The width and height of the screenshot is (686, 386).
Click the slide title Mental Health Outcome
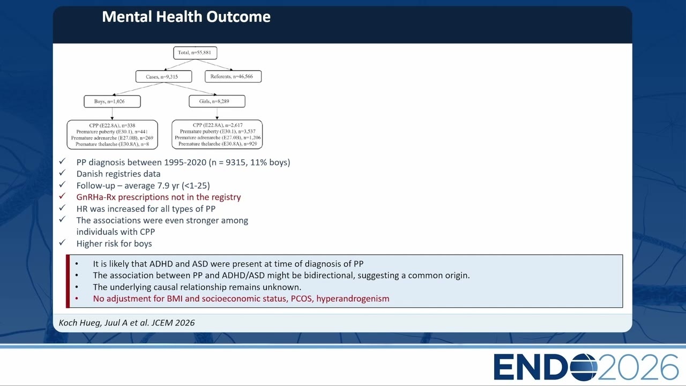(x=186, y=17)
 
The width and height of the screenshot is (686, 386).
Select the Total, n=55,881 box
(x=195, y=53)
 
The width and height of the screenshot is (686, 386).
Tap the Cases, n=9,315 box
(x=163, y=77)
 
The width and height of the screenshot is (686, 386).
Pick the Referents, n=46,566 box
(x=233, y=76)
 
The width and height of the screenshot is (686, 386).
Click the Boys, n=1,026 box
(x=112, y=101)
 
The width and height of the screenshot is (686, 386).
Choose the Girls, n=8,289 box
(x=217, y=101)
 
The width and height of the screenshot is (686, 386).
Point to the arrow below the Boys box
(x=112, y=114)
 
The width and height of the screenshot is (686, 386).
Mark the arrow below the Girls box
(x=217, y=113)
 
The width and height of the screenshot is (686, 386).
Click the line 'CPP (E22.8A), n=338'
(x=112, y=125)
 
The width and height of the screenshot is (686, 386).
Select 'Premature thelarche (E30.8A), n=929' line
(x=218, y=144)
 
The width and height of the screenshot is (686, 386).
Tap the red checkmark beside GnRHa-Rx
(x=62, y=196)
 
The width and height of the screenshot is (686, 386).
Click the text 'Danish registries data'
(x=118, y=174)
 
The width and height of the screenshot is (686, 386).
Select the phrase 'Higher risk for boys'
(x=114, y=243)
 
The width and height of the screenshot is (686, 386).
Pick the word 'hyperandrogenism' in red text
(x=353, y=299)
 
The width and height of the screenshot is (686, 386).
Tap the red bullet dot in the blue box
(x=77, y=299)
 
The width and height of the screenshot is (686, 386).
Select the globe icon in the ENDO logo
(x=584, y=367)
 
